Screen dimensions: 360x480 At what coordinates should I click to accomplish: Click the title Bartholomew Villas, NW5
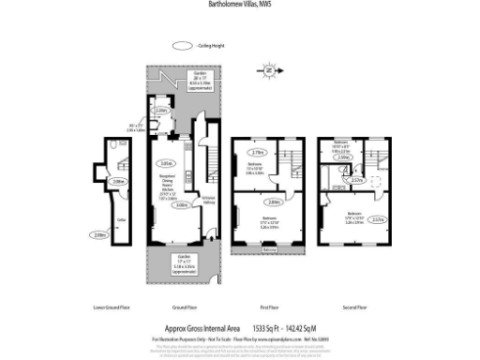[239, 5]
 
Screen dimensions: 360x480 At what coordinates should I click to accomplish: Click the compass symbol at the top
[268, 68]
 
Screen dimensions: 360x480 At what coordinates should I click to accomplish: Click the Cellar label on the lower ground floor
[120, 220]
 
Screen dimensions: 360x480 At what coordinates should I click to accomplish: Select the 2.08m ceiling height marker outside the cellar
[99, 235]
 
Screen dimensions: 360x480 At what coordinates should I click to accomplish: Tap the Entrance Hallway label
[209, 198]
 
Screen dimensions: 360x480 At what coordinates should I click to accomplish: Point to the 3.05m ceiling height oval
[166, 159]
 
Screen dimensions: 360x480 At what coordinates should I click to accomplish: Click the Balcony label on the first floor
[269, 249]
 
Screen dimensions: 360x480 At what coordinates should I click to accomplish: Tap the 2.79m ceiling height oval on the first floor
[260, 152]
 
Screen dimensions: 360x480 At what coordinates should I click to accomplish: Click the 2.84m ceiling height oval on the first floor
[273, 202]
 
